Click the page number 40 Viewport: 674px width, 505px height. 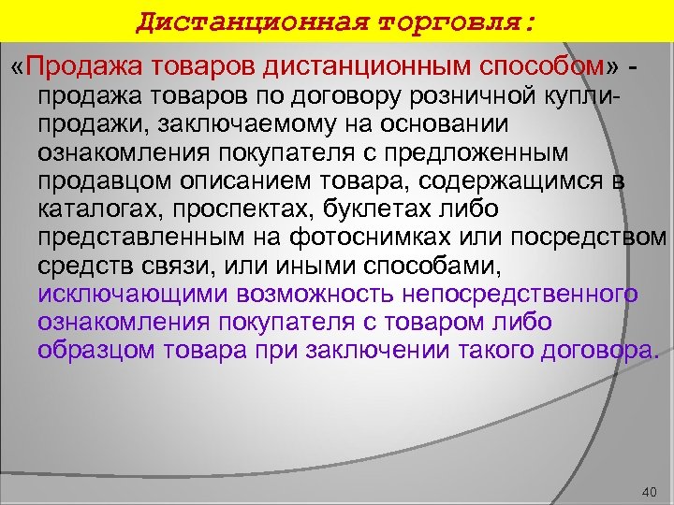pyautogui.click(x=652, y=491)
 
